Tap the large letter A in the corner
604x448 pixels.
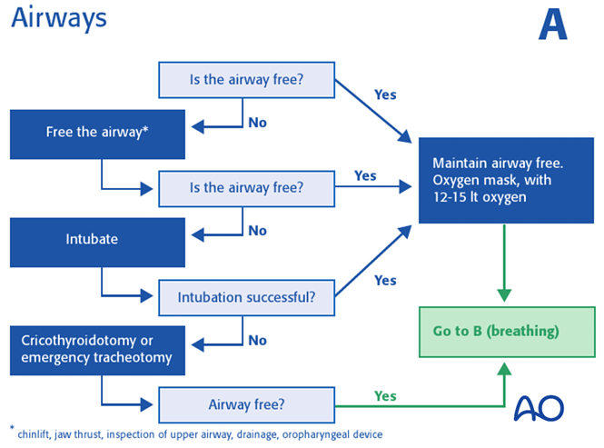pyautogui.click(x=552, y=25)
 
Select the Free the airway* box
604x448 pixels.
pyautogui.click(x=97, y=133)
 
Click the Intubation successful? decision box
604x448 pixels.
pyautogui.click(x=246, y=296)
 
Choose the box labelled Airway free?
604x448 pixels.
pyautogui.click(x=246, y=403)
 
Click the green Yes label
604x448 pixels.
pyautogui.click(x=385, y=396)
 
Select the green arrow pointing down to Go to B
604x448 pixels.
pyautogui.click(x=505, y=264)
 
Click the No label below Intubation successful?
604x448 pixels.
pyautogui.click(x=258, y=340)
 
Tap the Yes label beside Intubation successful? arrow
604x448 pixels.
pyautogui.click(x=385, y=280)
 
